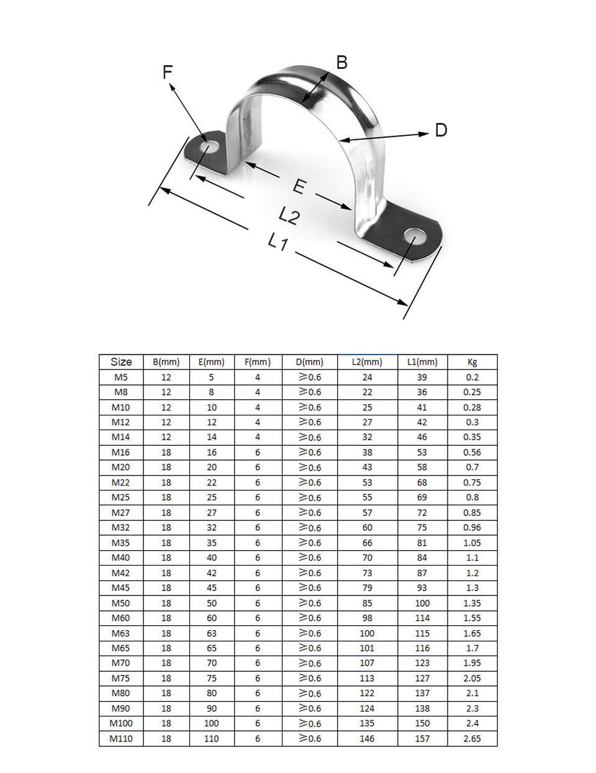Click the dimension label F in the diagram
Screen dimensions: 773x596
[167, 72]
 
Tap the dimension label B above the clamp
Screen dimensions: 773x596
[341, 62]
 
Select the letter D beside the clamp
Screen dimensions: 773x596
[440, 130]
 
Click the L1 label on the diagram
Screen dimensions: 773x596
[278, 241]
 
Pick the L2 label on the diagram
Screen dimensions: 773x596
[289, 215]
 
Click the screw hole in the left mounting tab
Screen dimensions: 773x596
[209, 147]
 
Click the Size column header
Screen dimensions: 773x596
[121, 362]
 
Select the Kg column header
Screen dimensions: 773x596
[472, 362]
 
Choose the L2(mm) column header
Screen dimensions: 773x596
[367, 362]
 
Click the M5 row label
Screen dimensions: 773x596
[121, 377]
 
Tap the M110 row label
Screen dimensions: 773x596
[121, 739]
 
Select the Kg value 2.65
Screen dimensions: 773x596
[472, 739]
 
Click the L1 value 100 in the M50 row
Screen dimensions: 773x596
[422, 603]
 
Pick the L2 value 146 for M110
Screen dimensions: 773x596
[367, 739]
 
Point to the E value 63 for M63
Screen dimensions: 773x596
[212, 633]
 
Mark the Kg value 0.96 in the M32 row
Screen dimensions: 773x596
[472, 528]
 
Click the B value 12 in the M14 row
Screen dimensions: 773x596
[166, 437]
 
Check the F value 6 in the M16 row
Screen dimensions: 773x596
[258, 453]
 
